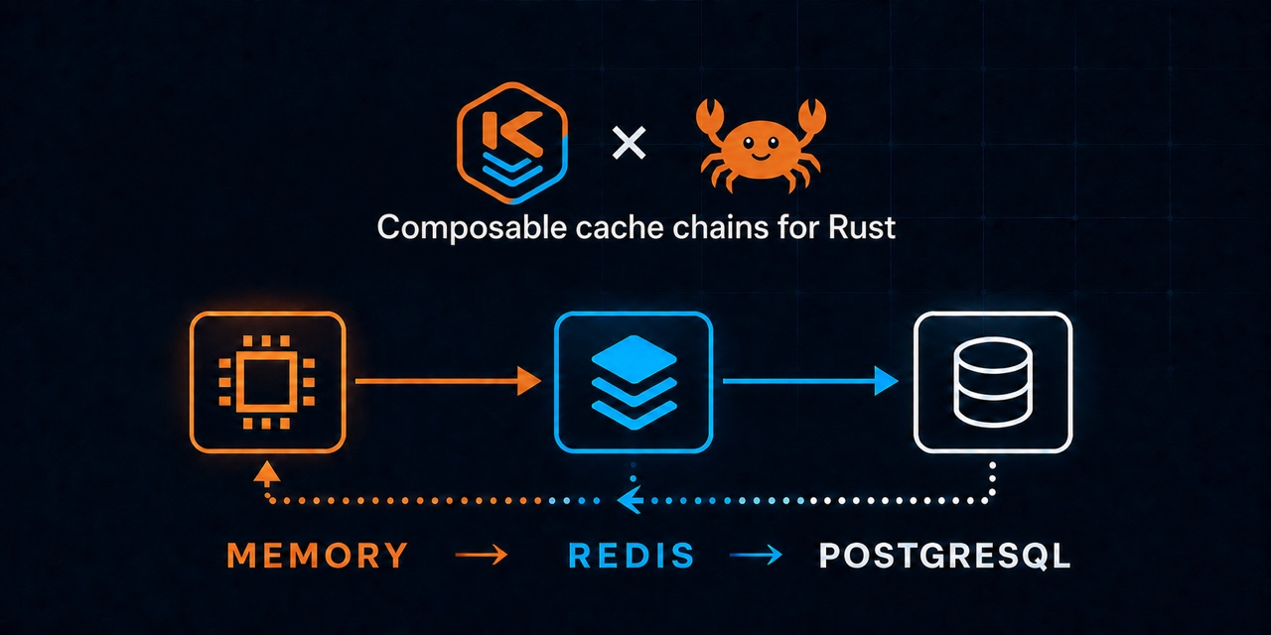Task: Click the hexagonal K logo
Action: (511, 143)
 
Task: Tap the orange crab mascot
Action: (761, 145)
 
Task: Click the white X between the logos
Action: (630, 143)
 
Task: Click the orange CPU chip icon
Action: (267, 382)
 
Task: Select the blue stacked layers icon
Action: (634, 382)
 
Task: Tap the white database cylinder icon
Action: (992, 382)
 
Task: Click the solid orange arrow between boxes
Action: (448, 381)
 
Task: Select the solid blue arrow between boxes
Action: (810, 380)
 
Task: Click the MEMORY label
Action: (317, 555)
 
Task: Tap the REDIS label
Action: (632, 555)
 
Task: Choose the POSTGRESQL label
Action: (944, 555)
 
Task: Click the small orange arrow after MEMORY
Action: (482, 555)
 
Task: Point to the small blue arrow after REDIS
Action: (756, 555)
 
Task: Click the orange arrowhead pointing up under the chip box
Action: (267, 471)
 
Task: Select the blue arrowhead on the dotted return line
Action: (630, 500)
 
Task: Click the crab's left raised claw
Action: (710, 116)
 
